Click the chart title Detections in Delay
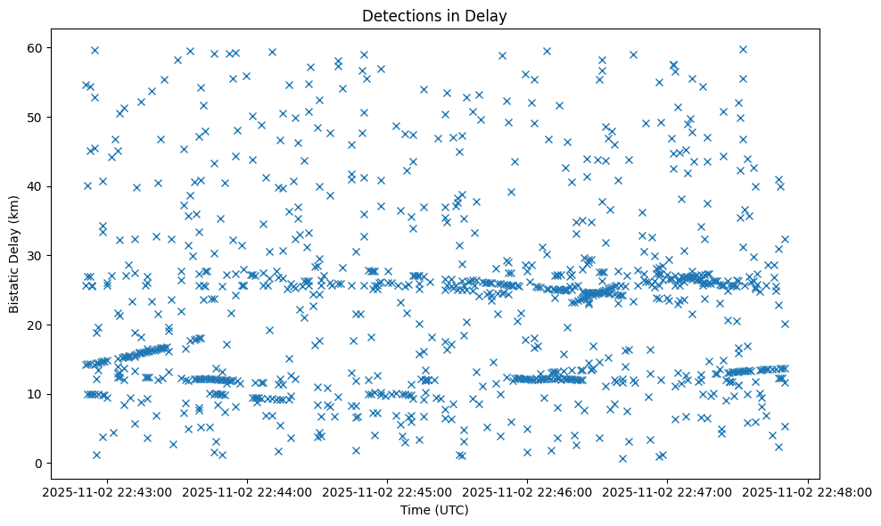(440, 15)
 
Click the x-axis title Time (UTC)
(440, 510)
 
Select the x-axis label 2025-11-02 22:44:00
(248, 491)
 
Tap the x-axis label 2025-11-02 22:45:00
(388, 491)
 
